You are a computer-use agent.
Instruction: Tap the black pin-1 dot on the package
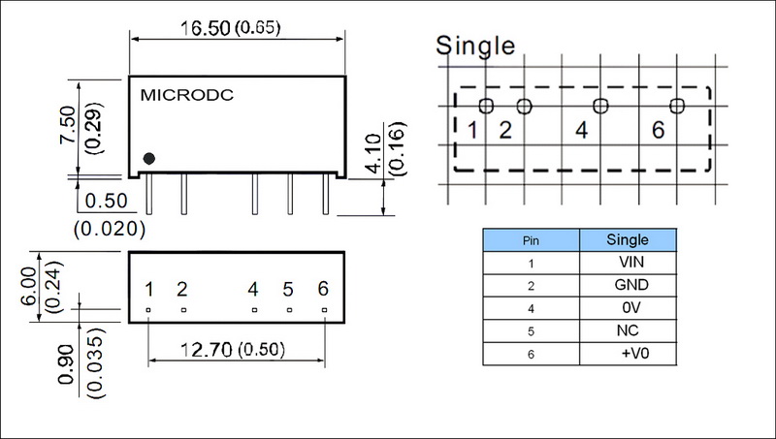pyautogui.click(x=149, y=159)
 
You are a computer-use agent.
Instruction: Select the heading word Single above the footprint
pyautogui.click(x=475, y=45)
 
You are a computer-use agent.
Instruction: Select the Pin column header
pyautogui.click(x=531, y=238)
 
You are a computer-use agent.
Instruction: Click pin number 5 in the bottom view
pyautogui.click(x=288, y=289)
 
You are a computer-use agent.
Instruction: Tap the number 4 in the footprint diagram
pyautogui.click(x=581, y=131)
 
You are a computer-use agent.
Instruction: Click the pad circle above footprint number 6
pyautogui.click(x=676, y=105)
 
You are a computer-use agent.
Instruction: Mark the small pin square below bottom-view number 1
pyautogui.click(x=148, y=309)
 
